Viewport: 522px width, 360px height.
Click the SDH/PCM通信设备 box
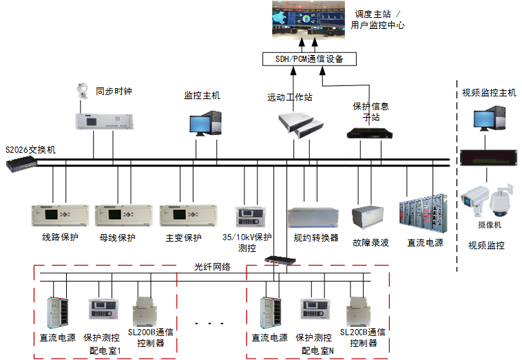coord(310,59)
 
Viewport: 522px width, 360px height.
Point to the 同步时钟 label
coord(113,90)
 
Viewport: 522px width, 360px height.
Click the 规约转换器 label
coord(316,238)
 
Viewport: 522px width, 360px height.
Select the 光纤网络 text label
coord(212,266)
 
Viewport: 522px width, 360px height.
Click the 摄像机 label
coord(489,224)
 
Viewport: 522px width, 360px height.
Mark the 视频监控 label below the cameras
coord(486,245)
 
